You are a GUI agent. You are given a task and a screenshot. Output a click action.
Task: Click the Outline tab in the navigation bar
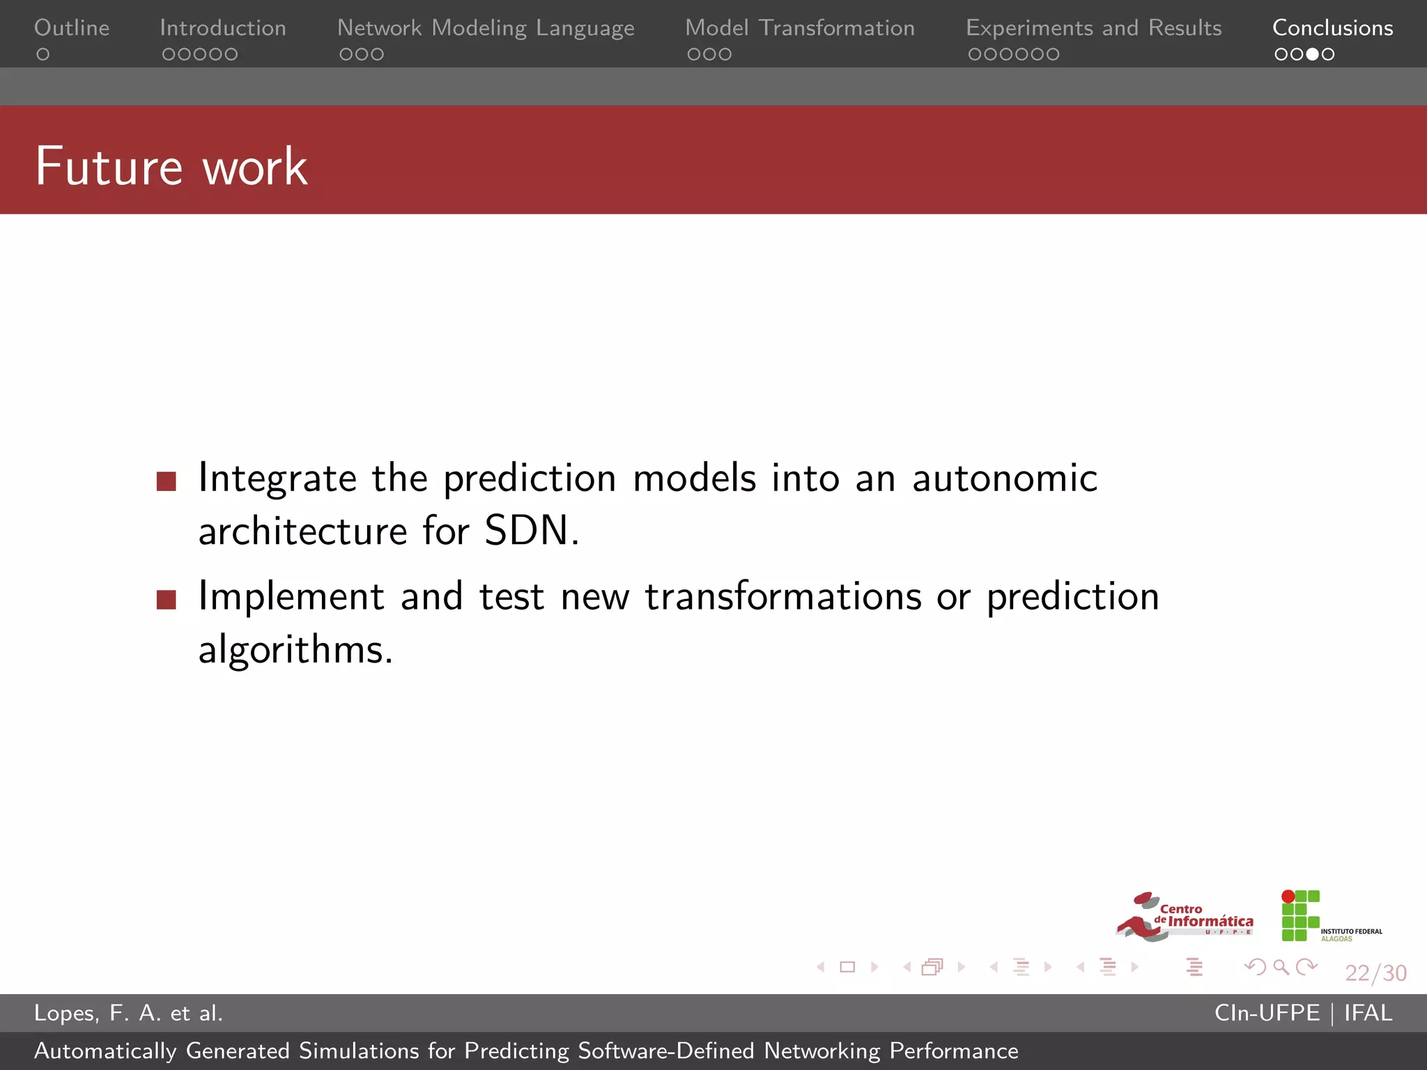(x=72, y=28)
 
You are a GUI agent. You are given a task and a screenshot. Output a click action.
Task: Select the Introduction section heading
(x=223, y=28)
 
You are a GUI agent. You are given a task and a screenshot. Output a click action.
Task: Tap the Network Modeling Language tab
(x=486, y=28)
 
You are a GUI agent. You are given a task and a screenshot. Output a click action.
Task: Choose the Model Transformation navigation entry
(x=800, y=28)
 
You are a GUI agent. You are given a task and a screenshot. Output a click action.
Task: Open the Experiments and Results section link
(x=1093, y=28)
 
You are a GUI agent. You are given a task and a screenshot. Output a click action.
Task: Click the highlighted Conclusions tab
(x=1332, y=28)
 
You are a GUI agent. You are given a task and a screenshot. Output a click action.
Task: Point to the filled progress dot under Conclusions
(x=1312, y=54)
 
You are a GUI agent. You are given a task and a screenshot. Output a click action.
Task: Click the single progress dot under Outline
(x=43, y=54)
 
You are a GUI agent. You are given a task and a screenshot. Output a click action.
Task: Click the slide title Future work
(x=171, y=166)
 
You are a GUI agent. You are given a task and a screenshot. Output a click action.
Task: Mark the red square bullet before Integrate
(x=167, y=481)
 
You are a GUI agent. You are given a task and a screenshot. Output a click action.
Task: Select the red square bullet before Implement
(x=167, y=599)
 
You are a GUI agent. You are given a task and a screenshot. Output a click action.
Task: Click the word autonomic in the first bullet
(x=1005, y=479)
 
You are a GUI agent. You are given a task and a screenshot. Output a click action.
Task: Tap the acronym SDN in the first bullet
(x=527, y=531)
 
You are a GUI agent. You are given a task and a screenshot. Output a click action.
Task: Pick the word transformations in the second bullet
(x=783, y=597)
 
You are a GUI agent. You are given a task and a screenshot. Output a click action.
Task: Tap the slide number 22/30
(x=1375, y=972)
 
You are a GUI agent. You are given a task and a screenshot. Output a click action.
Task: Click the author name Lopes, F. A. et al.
(x=129, y=1013)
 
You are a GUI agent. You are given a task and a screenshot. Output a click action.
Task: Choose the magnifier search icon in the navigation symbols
(x=1281, y=967)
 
